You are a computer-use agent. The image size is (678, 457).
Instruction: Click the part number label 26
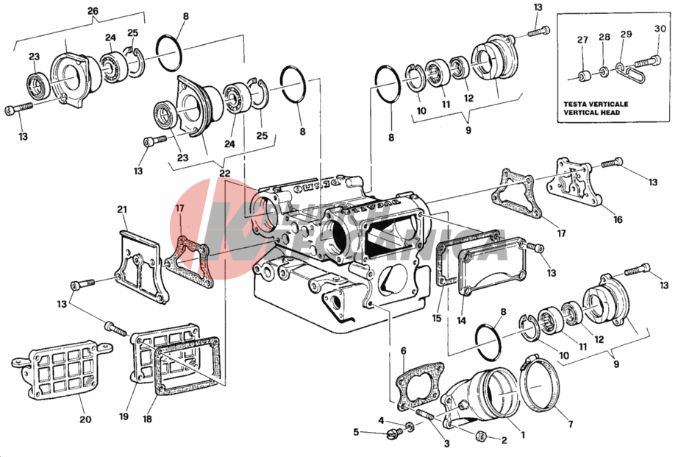[x=92, y=11]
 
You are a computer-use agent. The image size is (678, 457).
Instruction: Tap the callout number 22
[x=224, y=173]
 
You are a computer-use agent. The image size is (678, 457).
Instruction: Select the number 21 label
[x=122, y=210]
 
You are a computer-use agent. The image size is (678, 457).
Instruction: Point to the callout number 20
[x=85, y=420]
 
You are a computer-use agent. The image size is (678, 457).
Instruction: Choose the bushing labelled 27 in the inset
[x=583, y=76]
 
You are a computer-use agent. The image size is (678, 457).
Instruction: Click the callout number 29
[x=626, y=35]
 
